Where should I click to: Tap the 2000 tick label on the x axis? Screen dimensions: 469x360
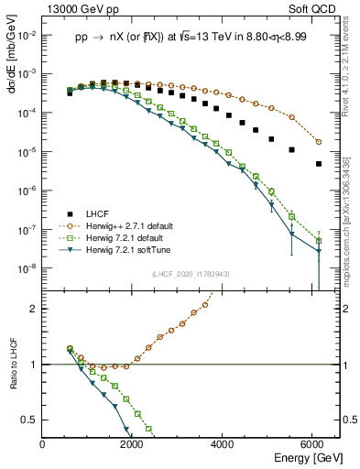(133, 446)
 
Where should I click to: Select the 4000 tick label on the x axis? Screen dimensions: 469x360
(224, 446)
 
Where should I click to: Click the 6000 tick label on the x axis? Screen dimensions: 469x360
(313, 446)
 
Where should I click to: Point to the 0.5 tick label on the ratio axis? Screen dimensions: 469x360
(30, 420)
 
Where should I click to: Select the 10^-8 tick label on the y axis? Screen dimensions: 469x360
(27, 268)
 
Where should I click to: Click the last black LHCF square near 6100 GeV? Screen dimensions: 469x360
(318, 164)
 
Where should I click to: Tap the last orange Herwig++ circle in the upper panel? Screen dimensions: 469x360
(318, 142)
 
